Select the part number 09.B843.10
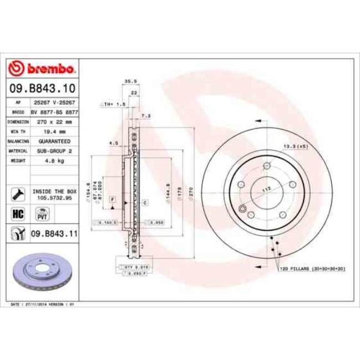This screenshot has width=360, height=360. pos(42,88)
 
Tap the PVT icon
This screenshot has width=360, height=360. pos(41,214)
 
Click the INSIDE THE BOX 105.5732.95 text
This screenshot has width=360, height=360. pos(54,193)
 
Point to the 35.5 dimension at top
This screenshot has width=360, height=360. pos(131,81)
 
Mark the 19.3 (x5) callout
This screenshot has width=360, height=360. pos(295,146)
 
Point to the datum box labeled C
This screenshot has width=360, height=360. pos(145,203)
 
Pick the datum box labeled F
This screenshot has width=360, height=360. pos(112,198)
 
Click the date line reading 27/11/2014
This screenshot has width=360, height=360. pos(43,305)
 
